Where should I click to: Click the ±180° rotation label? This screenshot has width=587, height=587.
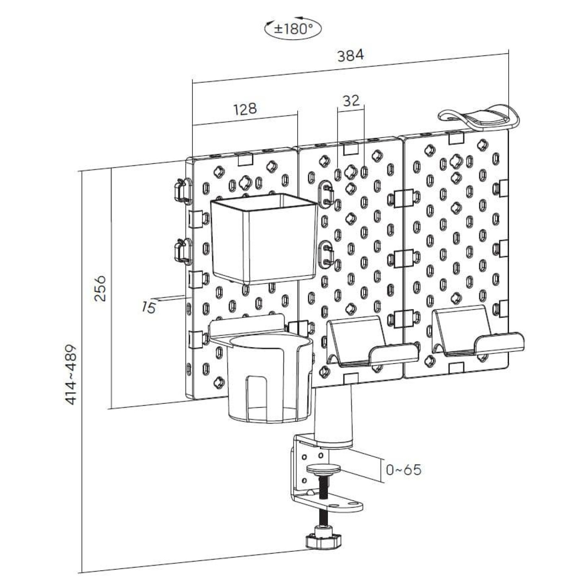tap(293, 29)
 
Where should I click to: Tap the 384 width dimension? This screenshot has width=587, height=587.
tap(351, 56)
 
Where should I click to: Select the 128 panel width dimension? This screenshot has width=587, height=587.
tap(245, 109)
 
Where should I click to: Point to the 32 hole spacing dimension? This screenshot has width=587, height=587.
tap(351, 101)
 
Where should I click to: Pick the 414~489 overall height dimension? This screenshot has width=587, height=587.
tap(71, 374)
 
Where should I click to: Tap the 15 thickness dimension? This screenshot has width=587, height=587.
tap(149, 307)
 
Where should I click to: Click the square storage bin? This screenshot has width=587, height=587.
tap(263, 239)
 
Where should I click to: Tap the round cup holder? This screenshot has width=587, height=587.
tap(268, 377)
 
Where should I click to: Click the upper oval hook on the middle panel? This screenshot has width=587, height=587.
tap(327, 194)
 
